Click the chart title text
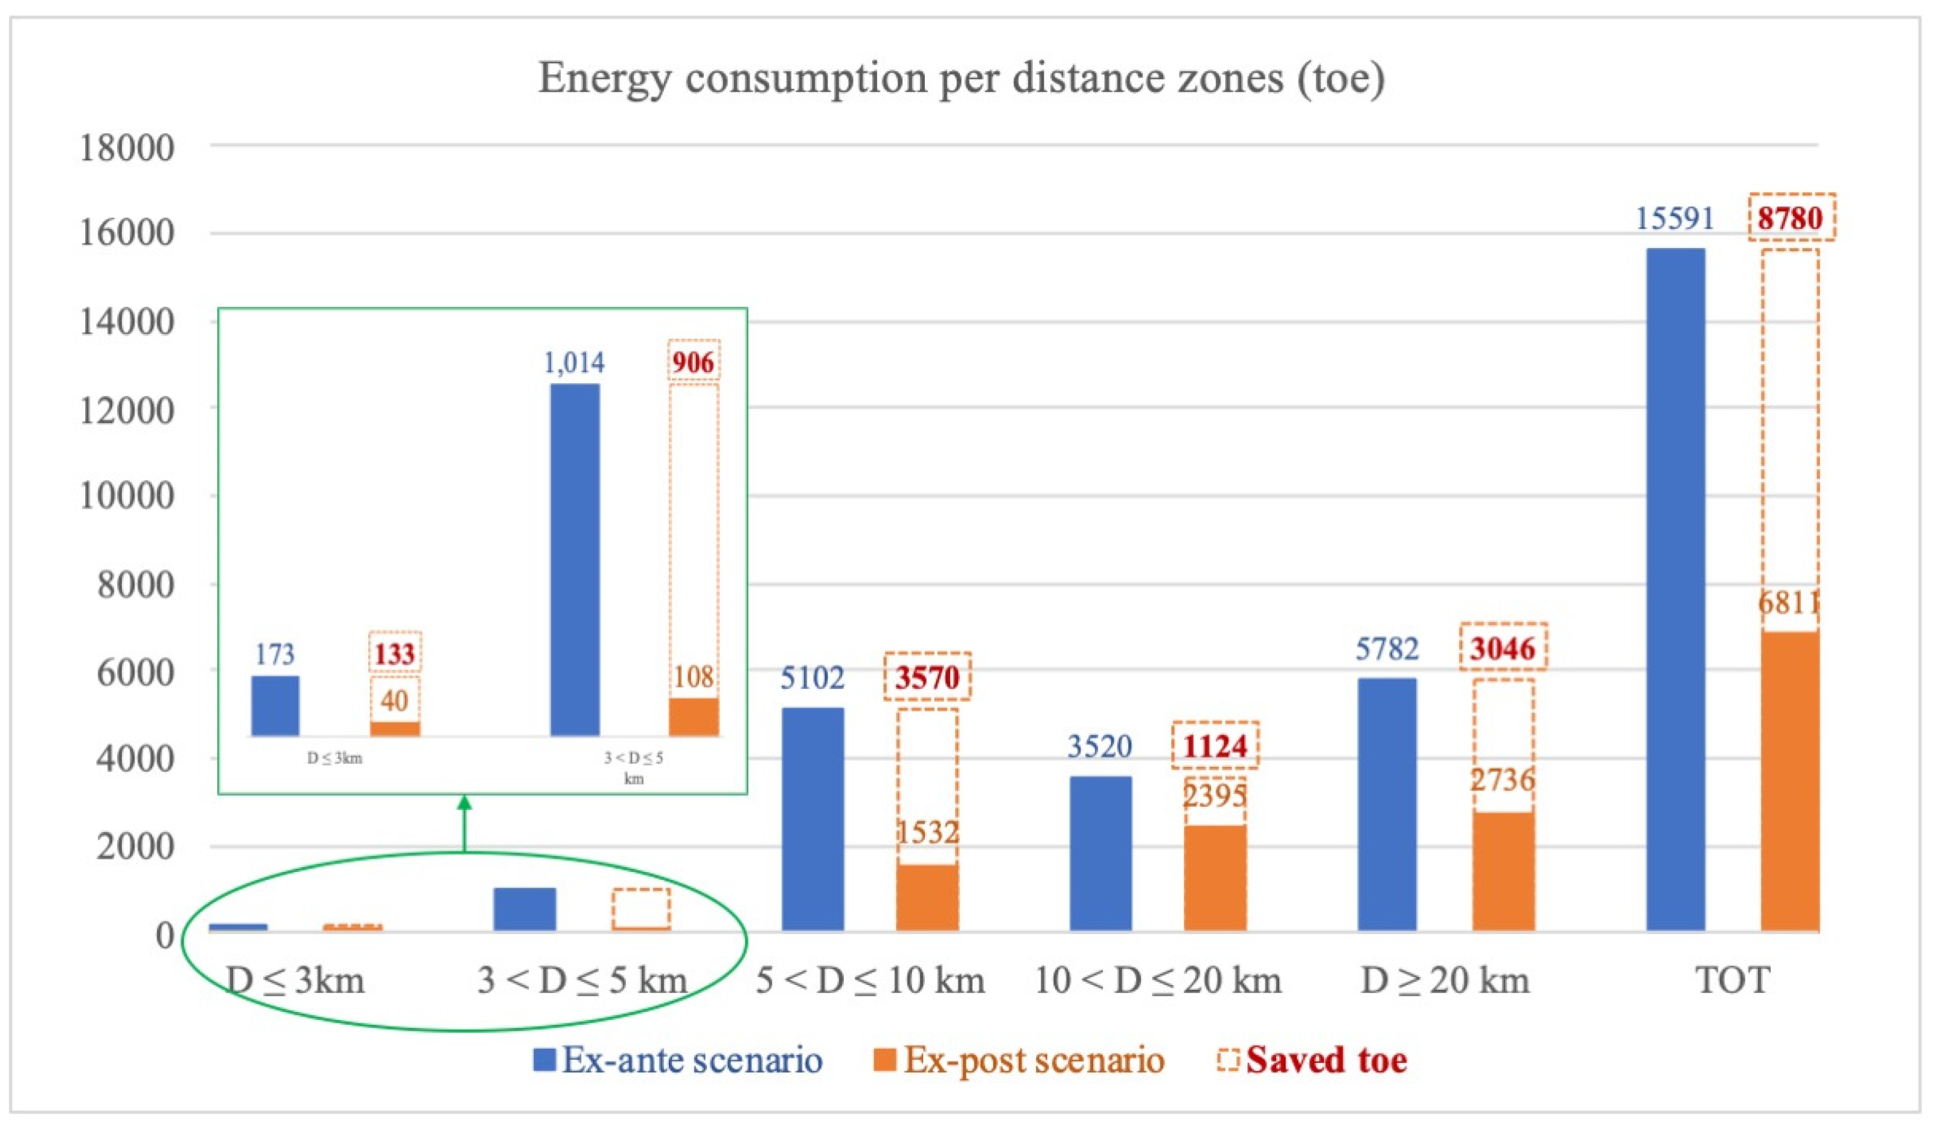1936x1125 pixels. (961, 79)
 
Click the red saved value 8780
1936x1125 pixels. (1791, 218)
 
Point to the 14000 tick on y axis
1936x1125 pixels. (127, 322)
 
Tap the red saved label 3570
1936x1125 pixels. (927, 677)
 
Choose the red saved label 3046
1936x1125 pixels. (1503, 648)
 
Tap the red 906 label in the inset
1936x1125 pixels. (693, 361)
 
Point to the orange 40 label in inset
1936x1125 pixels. (394, 700)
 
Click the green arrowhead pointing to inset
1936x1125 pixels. (464, 804)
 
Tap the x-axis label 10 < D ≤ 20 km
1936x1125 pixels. (1158, 981)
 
